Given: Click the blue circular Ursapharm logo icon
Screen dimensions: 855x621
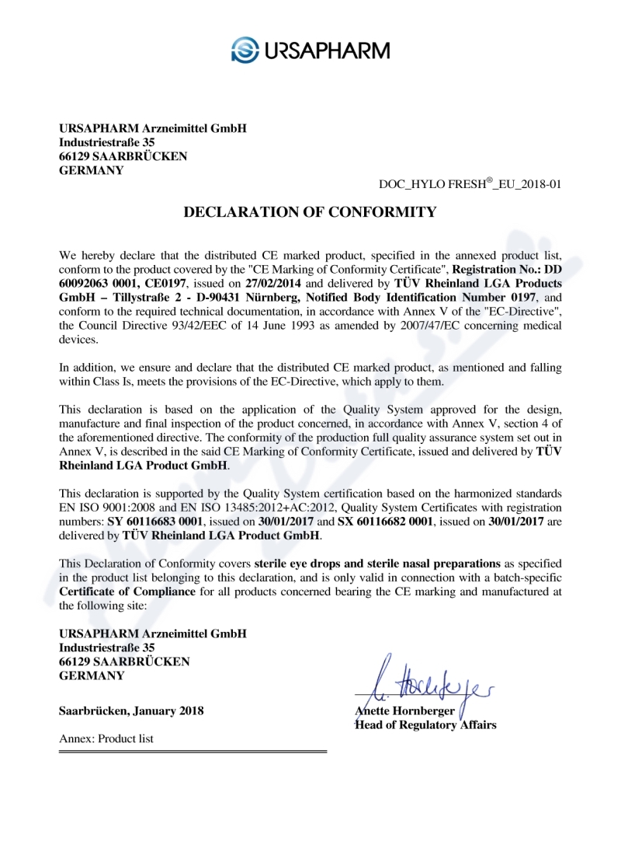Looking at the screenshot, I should tap(245, 51).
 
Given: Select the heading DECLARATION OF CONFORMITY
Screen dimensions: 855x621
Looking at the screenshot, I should tap(310, 212).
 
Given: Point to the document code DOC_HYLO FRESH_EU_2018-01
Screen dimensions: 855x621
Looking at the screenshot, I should tap(470, 185).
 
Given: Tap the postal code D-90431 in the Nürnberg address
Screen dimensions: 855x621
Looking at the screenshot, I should tap(227, 298).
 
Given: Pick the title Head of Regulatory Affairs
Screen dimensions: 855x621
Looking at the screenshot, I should tap(425, 724).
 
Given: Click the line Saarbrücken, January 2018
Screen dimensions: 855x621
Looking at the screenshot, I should tap(132, 710).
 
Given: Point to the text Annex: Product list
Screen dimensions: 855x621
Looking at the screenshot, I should tap(106, 738).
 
